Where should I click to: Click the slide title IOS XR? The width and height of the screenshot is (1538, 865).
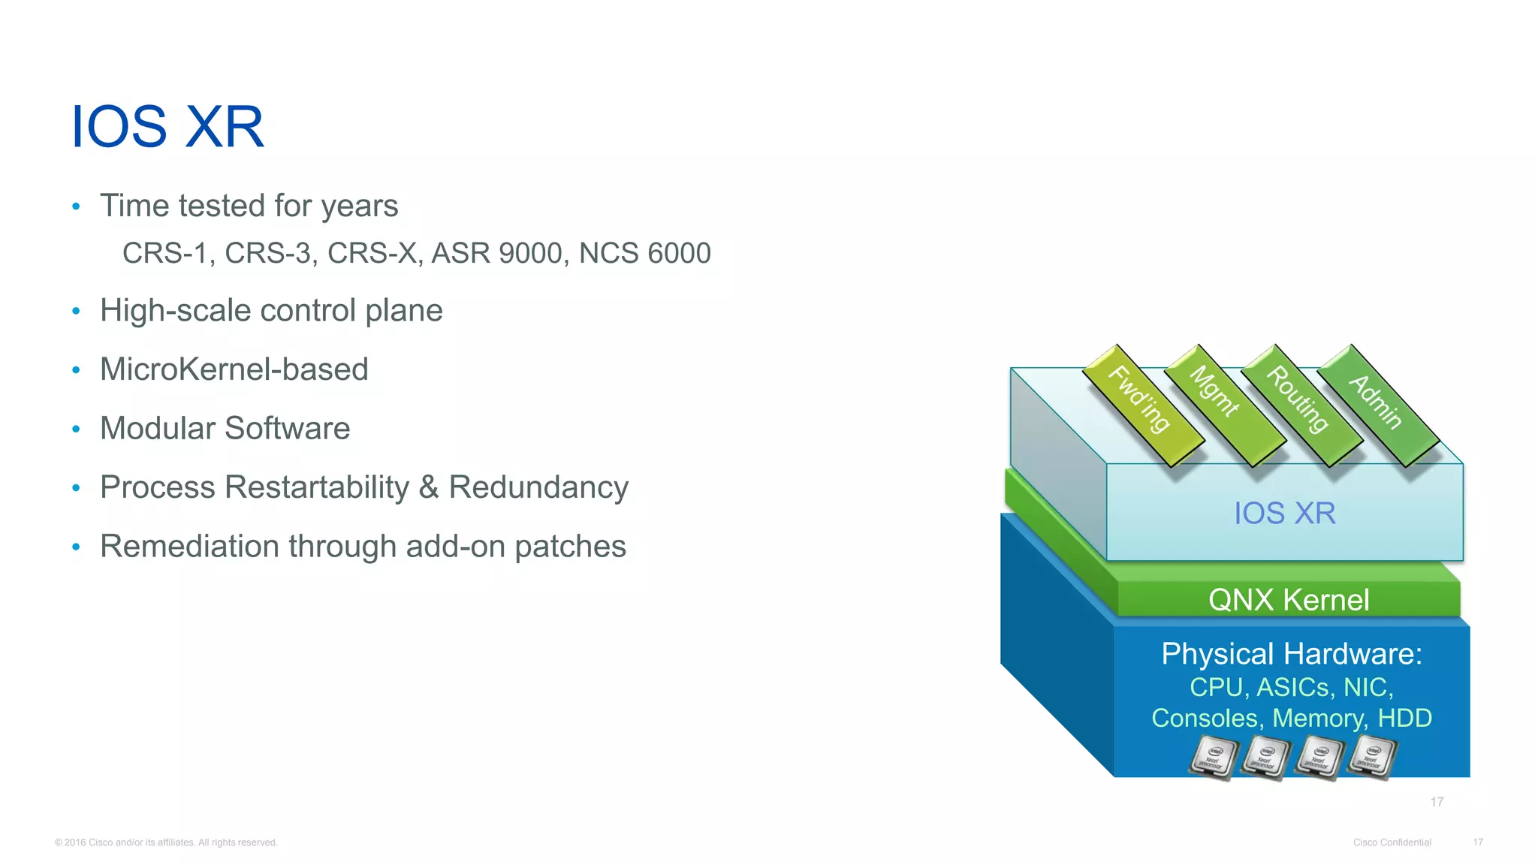coord(167,127)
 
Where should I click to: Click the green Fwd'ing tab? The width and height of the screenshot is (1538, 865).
coord(1141,401)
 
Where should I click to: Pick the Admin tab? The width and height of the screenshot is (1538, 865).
coord(1377,402)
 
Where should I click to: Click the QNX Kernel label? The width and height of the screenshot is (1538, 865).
coord(1289,600)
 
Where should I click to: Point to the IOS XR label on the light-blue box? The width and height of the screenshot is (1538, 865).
coord(1285,514)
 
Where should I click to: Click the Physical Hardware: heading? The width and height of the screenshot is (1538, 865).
coord(1292,654)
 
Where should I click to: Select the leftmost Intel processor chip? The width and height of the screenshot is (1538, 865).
coord(1213,757)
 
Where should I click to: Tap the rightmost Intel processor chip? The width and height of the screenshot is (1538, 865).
coord(1372,757)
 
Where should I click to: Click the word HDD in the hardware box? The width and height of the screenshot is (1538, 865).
coord(1404,719)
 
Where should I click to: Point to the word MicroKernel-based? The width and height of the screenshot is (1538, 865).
coord(234,369)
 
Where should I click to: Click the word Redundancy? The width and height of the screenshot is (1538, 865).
coord(538,487)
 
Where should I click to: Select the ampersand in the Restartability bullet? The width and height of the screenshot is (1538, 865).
coord(429,487)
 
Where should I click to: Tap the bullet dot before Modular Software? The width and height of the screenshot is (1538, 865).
coord(76,429)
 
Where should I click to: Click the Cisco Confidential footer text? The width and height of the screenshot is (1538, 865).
coord(1392,842)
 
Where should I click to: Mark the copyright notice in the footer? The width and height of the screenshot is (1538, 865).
coord(166,842)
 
